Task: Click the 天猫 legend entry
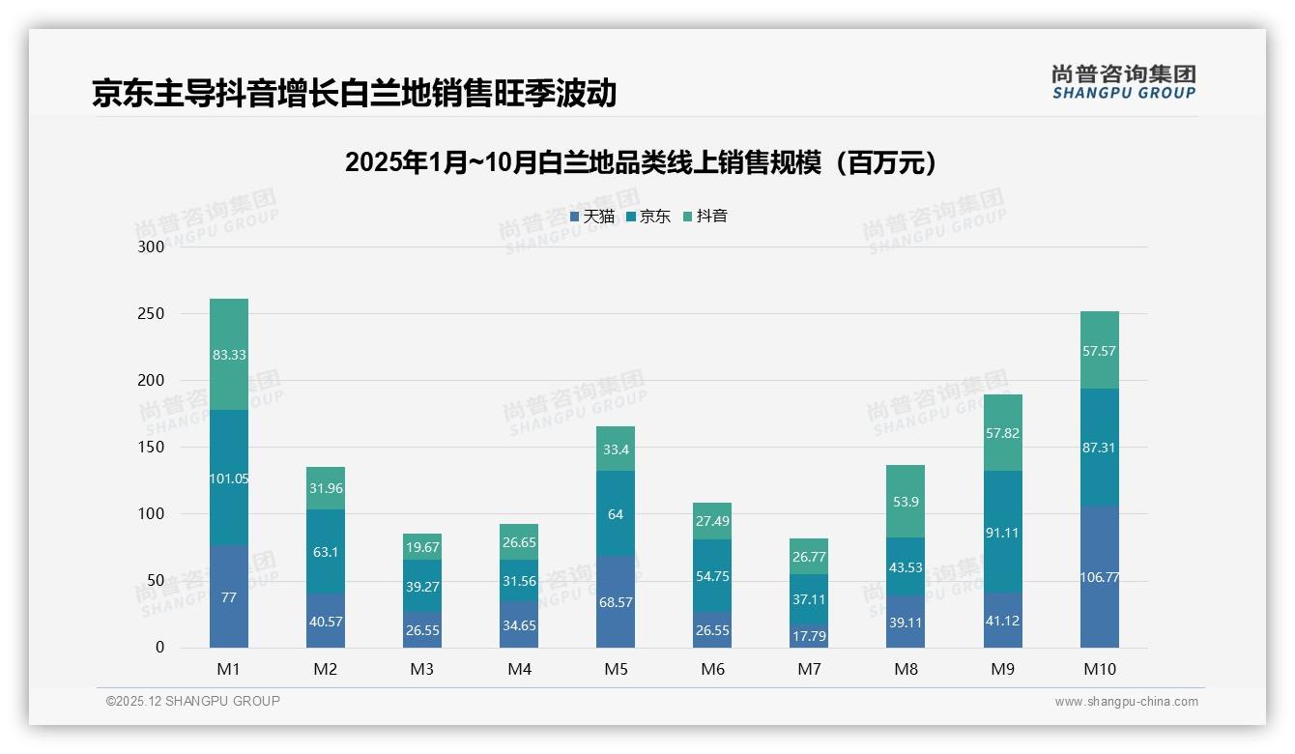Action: (x=592, y=217)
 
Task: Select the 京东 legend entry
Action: (x=648, y=217)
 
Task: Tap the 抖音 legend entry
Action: (x=705, y=217)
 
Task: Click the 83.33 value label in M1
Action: (x=229, y=355)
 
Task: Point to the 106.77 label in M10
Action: (x=1099, y=577)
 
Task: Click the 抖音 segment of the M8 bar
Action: (x=906, y=501)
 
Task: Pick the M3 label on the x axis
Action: (x=422, y=669)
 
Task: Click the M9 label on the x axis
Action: (x=1002, y=669)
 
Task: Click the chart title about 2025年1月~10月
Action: (x=641, y=163)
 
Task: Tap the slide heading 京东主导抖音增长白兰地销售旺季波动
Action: (x=354, y=93)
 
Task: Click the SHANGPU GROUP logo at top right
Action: (x=1123, y=82)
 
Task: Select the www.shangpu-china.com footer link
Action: (x=1126, y=702)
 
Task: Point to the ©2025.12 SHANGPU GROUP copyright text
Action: (x=193, y=702)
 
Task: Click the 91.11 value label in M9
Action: (x=1002, y=533)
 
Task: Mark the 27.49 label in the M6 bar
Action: (x=712, y=521)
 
